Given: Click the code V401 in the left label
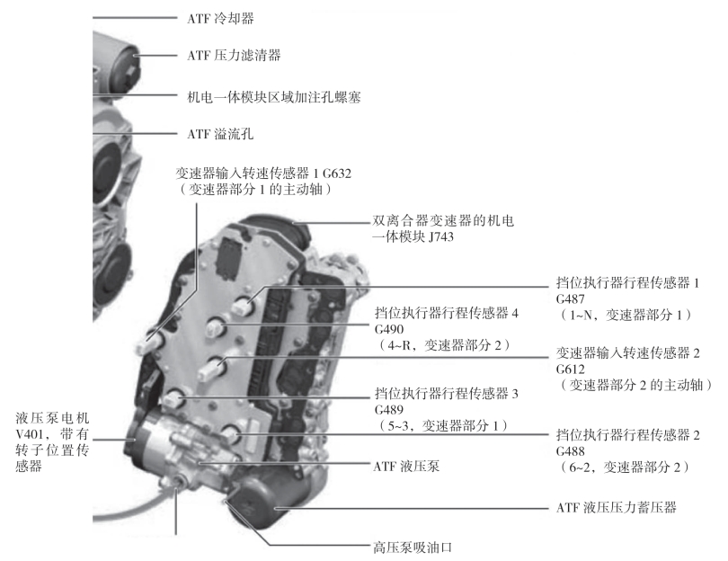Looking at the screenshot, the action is (x=33, y=435).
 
